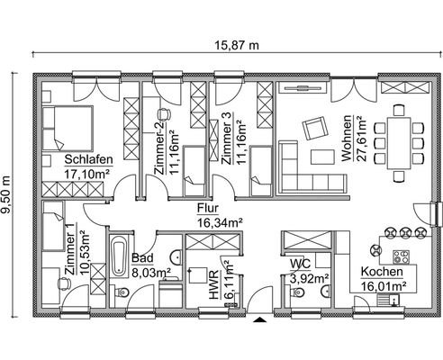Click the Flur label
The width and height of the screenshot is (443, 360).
[207, 206]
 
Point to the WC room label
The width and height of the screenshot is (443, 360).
[301, 265]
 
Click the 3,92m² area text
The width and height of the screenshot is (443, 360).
[308, 278]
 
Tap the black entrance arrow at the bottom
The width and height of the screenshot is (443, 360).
[258, 319]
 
